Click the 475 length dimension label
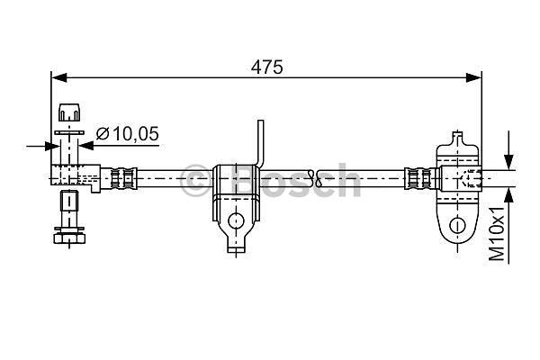tap(267, 67)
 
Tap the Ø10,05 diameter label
tap(128, 134)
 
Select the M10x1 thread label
tap(497, 233)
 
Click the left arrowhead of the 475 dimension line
tap(58, 78)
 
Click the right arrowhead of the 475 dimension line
tap(473, 78)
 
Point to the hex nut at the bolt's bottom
tap(69, 238)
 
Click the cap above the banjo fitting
tap(69, 112)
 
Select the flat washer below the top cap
tap(69, 132)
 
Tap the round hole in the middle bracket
tap(236, 220)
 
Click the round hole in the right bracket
tap(457, 226)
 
